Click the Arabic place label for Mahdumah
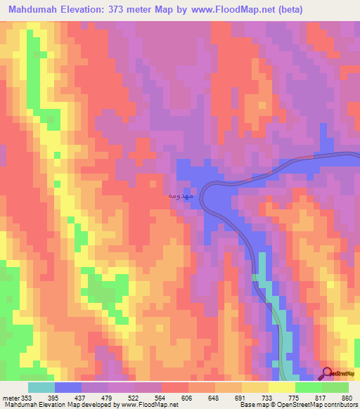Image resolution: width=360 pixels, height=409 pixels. pos(177,197)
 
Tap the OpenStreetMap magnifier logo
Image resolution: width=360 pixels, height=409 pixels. pos(328,373)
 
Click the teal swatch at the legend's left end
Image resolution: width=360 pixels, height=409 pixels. pos(41,387)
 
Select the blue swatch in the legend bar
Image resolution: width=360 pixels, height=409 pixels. pos(68,387)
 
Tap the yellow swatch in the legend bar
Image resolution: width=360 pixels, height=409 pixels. pos(282,387)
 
